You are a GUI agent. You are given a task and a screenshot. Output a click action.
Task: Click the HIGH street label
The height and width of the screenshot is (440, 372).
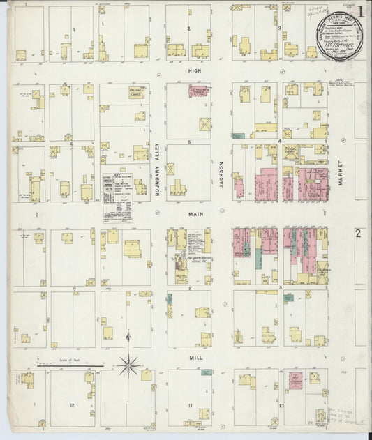click(193, 71)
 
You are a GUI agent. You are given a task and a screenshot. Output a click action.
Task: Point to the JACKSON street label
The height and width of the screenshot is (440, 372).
click(223, 175)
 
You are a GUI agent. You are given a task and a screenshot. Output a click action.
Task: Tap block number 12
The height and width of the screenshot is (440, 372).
click(72, 405)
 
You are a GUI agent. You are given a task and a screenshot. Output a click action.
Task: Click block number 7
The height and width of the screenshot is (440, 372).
click(73, 288)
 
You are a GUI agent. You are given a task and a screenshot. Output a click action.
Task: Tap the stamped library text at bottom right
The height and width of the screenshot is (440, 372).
click(343, 418)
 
